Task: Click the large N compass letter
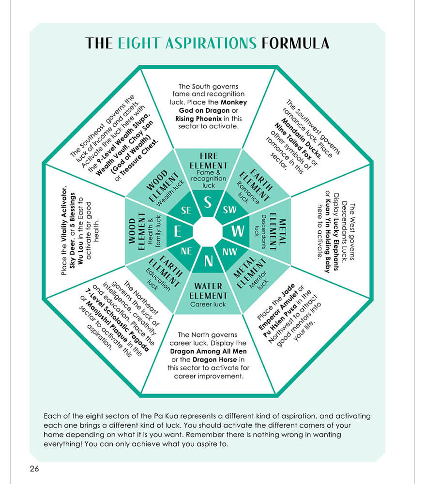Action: click(208, 261)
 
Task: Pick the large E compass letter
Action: click(178, 232)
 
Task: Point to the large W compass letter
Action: click(238, 231)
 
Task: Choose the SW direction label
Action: click(229, 210)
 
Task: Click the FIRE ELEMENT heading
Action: click(208, 161)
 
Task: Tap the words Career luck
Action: click(208, 304)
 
